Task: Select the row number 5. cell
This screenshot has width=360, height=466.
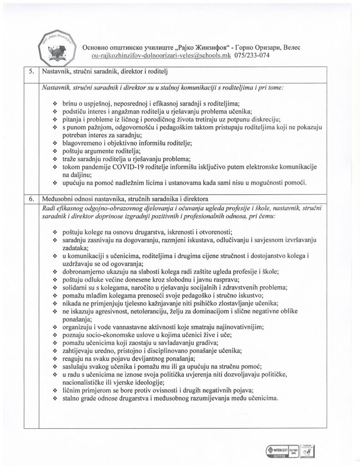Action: tap(30, 72)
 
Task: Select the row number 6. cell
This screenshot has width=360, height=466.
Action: tap(30, 198)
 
